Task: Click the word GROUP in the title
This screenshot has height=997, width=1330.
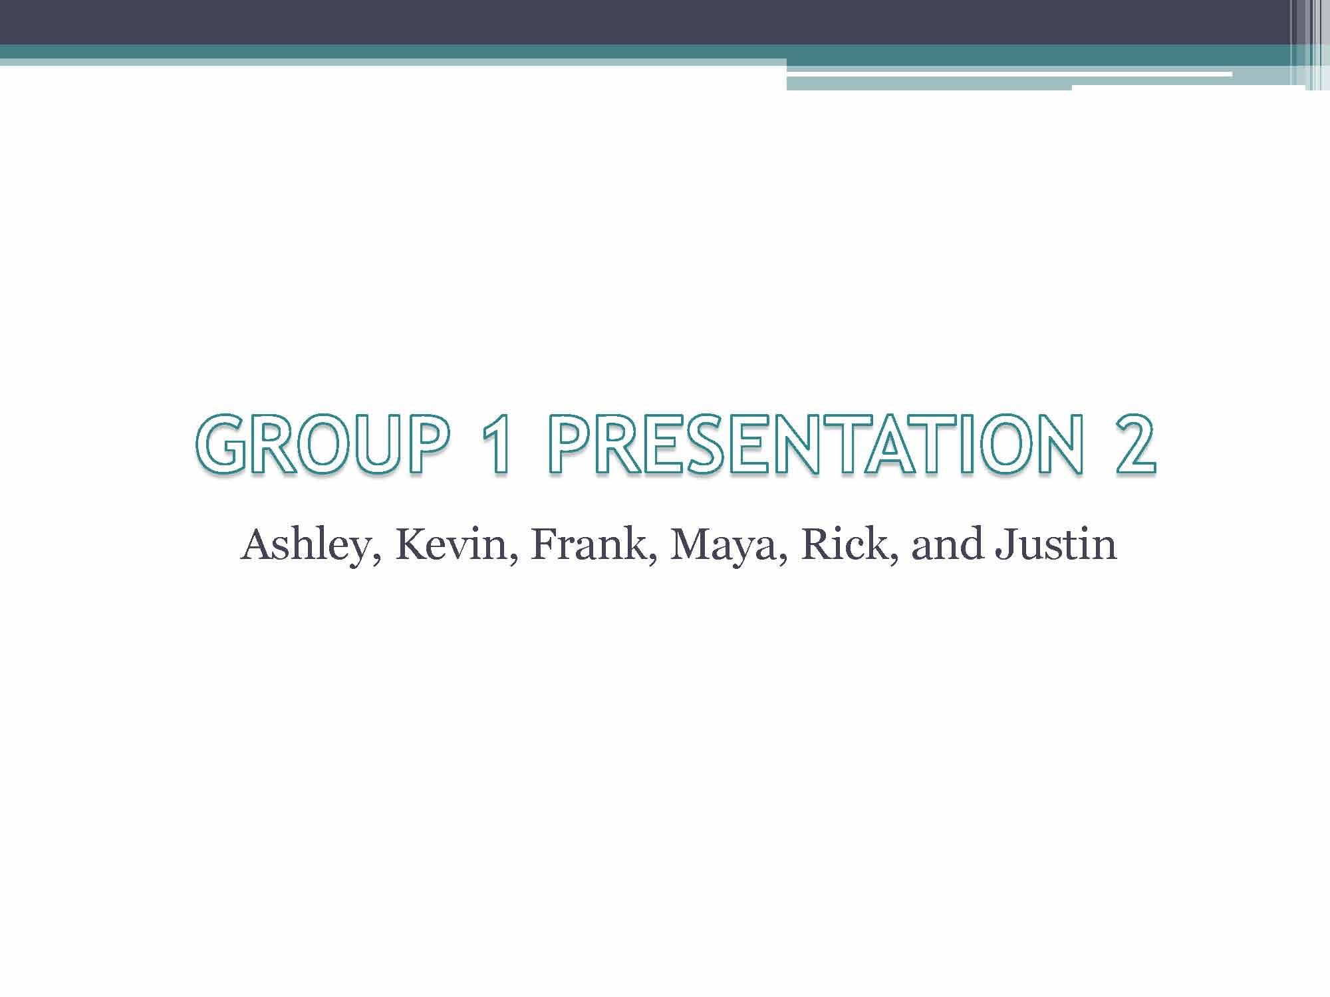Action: click(x=320, y=443)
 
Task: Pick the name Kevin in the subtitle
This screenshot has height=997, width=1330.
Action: click(x=452, y=546)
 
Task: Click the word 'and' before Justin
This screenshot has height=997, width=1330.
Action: click(x=946, y=546)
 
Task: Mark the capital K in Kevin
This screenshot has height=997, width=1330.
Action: click(x=413, y=545)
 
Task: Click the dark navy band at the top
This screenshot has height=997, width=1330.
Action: click(x=645, y=22)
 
